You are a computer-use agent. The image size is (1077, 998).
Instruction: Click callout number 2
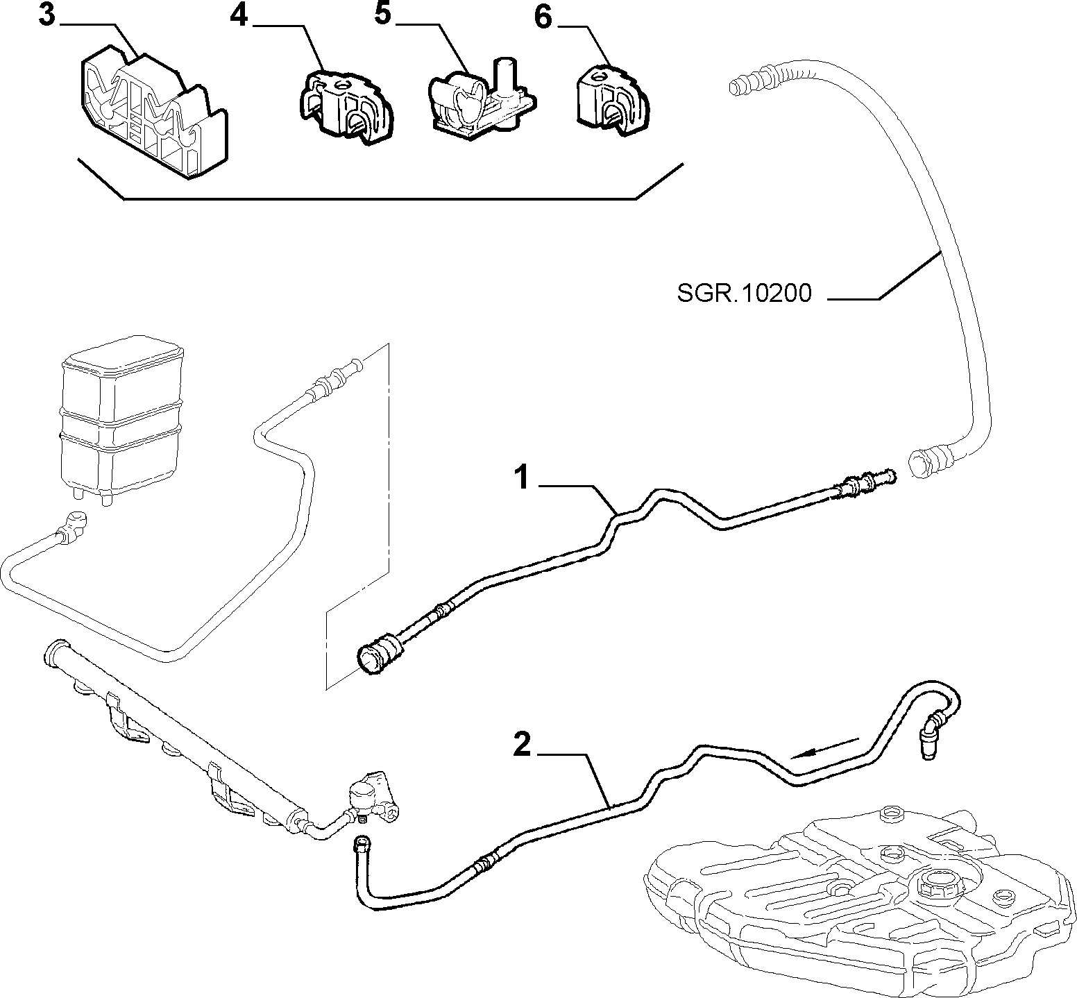coord(523,745)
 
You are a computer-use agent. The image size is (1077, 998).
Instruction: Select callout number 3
coord(46,15)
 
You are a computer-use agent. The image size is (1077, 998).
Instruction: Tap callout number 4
coord(239,15)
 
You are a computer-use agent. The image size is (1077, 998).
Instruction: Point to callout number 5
coord(384,15)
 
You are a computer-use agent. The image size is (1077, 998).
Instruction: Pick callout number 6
coord(543,18)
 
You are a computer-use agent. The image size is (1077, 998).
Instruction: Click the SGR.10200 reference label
coord(744,294)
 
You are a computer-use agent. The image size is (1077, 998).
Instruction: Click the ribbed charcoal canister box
coord(122,420)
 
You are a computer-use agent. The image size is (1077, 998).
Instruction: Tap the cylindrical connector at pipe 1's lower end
coord(380,652)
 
